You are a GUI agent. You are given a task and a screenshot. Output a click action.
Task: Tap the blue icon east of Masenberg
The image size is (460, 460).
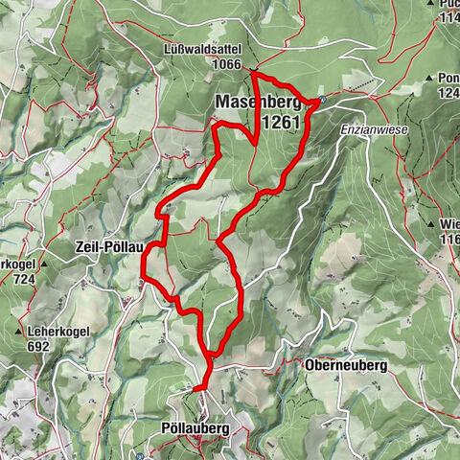tap(323, 99)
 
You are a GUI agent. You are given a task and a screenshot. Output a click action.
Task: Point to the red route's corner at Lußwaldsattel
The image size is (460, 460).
tap(254, 73)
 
